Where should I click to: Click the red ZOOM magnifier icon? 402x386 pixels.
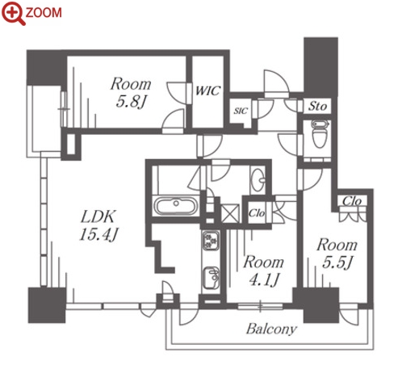click(x=13, y=13)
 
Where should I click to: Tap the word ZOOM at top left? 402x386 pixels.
click(x=44, y=13)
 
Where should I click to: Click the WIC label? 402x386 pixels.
click(x=207, y=90)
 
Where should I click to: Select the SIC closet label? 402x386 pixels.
click(x=241, y=111)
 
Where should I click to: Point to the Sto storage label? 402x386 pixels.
click(x=317, y=106)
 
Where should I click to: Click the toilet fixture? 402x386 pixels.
click(x=320, y=133)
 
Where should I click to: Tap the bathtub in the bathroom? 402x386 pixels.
click(x=175, y=206)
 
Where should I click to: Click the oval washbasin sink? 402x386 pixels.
click(x=258, y=179)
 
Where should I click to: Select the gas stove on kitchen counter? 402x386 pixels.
click(x=211, y=241)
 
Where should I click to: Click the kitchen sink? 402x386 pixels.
click(x=211, y=278)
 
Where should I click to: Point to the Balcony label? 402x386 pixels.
click(x=271, y=329)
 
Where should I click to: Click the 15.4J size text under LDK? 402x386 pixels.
click(x=98, y=234)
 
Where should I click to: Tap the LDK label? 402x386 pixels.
click(x=98, y=216)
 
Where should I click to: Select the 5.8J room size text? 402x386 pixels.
click(x=131, y=102)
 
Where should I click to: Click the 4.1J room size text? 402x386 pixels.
click(x=264, y=279)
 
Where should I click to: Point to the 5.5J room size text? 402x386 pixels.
click(x=337, y=262)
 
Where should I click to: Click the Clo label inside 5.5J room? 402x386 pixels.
click(x=352, y=201)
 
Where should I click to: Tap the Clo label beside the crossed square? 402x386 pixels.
click(x=257, y=213)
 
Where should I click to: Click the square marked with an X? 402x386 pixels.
click(x=230, y=213)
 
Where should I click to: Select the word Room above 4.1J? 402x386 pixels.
click(x=264, y=262)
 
